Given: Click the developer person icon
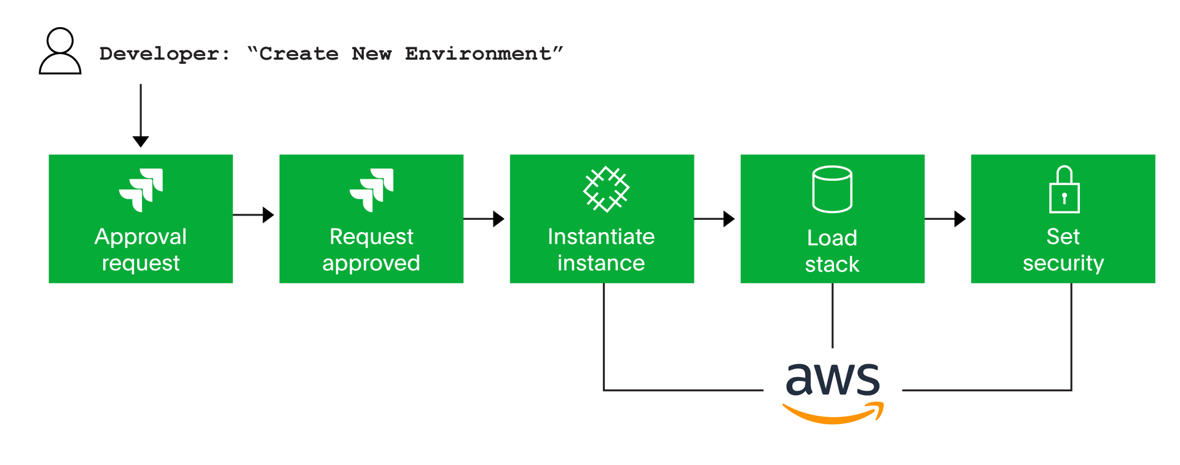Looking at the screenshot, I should [60, 52].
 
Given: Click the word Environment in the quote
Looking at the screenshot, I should [478, 54].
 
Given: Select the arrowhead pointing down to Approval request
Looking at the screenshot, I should [141, 141].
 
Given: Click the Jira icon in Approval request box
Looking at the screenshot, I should [141, 189].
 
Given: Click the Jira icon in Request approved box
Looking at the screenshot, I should [372, 189].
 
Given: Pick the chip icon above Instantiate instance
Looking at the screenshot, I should [606, 189].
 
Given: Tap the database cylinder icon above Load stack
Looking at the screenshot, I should [832, 189].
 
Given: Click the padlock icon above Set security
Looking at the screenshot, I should [1064, 190].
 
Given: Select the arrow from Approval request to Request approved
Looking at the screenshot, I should [254, 215].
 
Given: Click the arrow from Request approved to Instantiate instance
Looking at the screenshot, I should [485, 219].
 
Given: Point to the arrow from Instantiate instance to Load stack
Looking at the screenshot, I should [715, 219].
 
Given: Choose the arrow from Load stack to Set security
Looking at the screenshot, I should [946, 219].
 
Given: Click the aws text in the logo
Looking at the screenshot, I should [833, 379].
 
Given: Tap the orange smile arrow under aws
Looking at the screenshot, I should [833, 414].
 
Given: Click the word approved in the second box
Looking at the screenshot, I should [371, 264].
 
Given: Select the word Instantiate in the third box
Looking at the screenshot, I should [601, 237].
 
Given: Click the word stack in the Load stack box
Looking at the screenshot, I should [832, 265].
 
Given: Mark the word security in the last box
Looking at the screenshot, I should [1063, 264].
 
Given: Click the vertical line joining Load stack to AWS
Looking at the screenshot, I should [833, 316].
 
